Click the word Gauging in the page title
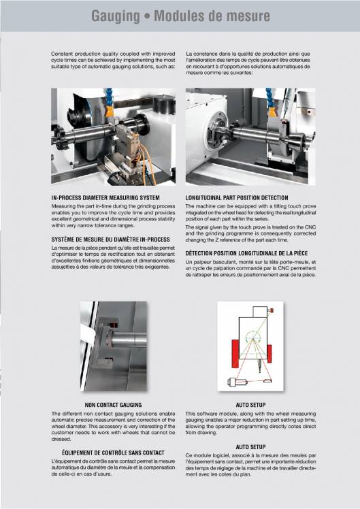tap(115, 16)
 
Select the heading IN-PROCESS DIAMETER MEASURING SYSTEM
tap(105, 198)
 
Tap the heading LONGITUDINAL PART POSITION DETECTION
tap(237, 198)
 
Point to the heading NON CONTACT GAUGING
tap(113, 405)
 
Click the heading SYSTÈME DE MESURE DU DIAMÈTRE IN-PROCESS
tap(111, 240)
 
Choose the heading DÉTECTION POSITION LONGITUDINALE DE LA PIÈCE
tap(246, 253)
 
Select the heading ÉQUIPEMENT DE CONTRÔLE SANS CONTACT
tap(113, 453)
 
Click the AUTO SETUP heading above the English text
tap(250, 405)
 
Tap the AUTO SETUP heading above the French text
tap(250, 447)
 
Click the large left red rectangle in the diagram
tap(235, 354)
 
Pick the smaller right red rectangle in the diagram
tap(269, 353)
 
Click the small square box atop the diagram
tap(260, 312)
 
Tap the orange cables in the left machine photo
tap(146, 163)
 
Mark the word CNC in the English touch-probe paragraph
tap(310, 227)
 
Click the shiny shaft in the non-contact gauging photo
tap(128, 340)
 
